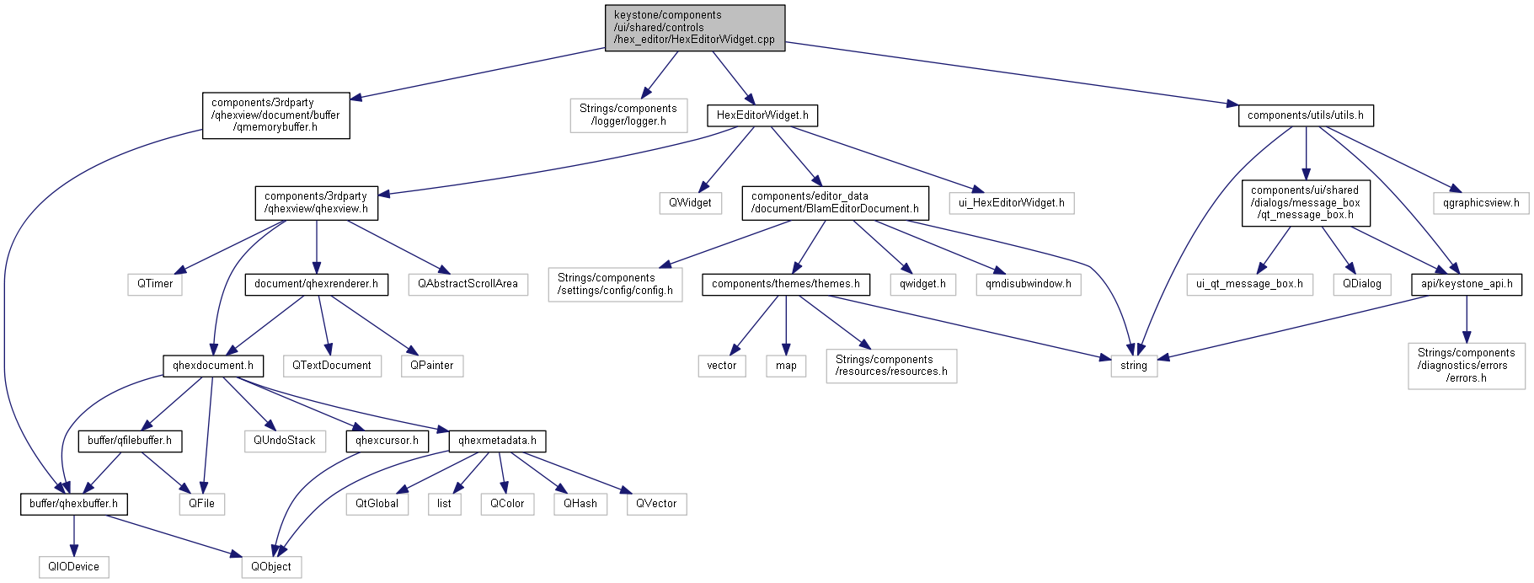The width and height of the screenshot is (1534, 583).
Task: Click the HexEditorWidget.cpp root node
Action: click(694, 28)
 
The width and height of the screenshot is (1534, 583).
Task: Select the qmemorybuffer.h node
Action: click(275, 115)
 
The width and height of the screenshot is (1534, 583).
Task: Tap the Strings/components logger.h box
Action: click(628, 115)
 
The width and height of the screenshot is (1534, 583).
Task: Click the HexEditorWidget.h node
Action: click(762, 115)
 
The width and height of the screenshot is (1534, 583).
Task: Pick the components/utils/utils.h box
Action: click(1305, 115)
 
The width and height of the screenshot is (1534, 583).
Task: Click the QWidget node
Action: click(690, 203)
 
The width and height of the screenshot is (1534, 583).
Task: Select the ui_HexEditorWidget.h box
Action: click(1011, 203)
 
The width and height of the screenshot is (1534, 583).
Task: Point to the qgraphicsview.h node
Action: click(1481, 203)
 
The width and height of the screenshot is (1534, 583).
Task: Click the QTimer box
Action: click(155, 284)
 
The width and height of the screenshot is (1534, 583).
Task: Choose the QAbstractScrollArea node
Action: click(468, 284)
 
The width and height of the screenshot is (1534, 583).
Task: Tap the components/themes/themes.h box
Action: click(785, 284)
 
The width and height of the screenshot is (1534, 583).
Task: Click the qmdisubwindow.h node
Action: click(1028, 284)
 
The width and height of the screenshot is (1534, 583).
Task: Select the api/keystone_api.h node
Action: click(1466, 284)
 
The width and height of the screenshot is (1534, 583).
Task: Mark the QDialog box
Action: click(1361, 284)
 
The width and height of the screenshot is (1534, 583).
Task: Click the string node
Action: click(1133, 366)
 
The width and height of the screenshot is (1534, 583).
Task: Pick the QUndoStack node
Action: click(285, 441)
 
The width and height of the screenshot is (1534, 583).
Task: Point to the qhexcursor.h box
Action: click(387, 441)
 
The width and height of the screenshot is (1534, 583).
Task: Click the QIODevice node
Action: click(73, 567)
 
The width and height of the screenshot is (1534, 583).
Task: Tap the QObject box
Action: click(271, 567)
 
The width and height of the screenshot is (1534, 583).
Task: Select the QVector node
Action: click(656, 504)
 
